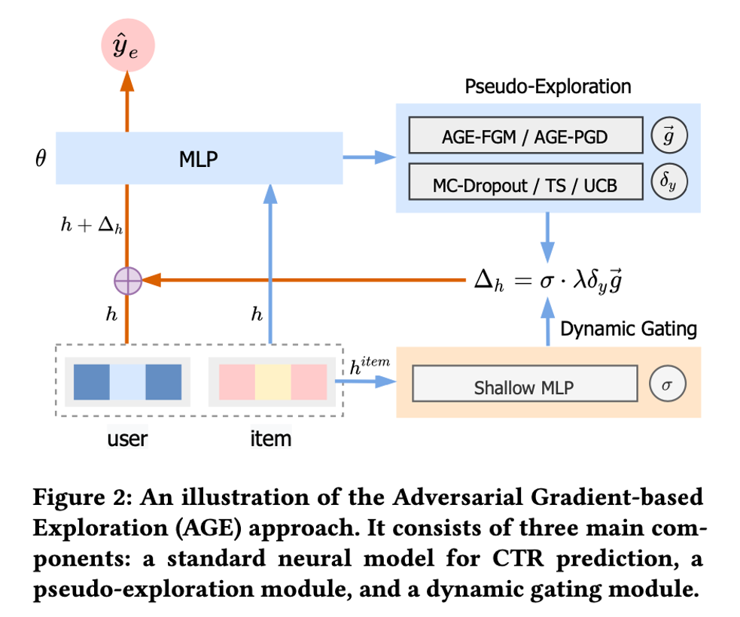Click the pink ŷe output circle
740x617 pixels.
click(127, 47)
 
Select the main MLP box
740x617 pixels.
click(199, 158)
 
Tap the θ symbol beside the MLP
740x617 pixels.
click(41, 158)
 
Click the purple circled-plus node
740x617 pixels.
click(127, 281)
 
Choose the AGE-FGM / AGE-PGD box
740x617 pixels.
click(525, 135)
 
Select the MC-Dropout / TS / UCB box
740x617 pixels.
click(525, 183)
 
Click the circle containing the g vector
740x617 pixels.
click(668, 135)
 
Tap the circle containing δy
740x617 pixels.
click(668, 183)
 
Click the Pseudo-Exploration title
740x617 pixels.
click(548, 87)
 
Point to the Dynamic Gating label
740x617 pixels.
click(629, 329)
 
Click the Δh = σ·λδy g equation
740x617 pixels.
click(547, 281)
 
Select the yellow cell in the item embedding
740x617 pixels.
click(273, 382)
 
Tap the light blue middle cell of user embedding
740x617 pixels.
click(127, 382)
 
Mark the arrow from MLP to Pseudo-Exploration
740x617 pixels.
click(370, 157)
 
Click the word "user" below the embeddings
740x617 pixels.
click(127, 438)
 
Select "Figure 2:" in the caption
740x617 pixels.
click(79, 500)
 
